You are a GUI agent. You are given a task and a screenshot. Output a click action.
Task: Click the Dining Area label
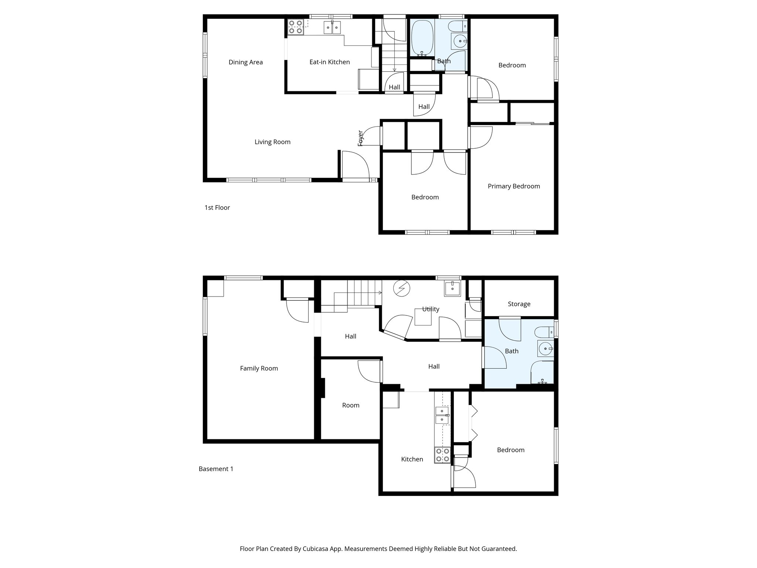click(x=245, y=62)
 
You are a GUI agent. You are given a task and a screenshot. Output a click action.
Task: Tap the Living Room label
click(x=272, y=142)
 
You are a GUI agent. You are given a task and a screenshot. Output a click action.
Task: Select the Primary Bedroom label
click(x=514, y=186)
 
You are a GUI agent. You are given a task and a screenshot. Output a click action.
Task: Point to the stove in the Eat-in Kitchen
click(x=296, y=27)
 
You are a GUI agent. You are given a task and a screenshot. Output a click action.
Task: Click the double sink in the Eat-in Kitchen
click(x=73, y=28)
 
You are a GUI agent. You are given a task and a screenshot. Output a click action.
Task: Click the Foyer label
click(x=361, y=138)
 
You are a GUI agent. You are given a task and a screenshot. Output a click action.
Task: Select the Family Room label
click(x=259, y=368)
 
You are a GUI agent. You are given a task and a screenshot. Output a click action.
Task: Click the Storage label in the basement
click(x=519, y=304)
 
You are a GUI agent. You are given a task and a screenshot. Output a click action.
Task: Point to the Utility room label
click(x=431, y=309)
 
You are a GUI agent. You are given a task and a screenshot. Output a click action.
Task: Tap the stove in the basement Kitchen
click(x=442, y=455)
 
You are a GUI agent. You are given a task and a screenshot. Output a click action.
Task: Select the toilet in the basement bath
click(x=545, y=332)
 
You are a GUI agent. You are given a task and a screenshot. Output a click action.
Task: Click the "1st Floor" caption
click(x=217, y=208)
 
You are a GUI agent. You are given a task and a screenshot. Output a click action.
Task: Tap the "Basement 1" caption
click(x=216, y=469)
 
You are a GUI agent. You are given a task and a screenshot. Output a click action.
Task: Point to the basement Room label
click(x=350, y=405)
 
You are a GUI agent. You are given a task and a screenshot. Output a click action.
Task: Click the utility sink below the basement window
click(x=452, y=288)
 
